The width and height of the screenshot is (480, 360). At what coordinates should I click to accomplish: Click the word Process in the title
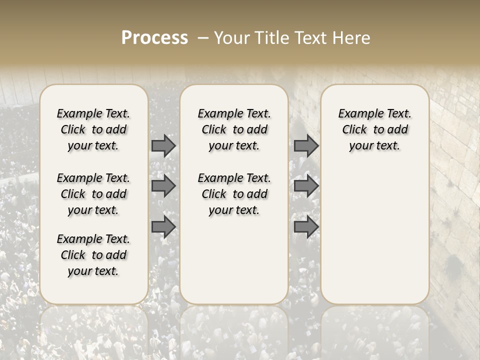click(x=154, y=37)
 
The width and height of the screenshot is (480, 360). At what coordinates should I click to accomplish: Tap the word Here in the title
click(x=351, y=38)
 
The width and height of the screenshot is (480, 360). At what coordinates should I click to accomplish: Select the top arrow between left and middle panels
click(x=163, y=145)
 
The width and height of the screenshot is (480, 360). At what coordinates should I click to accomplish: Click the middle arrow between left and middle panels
click(x=163, y=186)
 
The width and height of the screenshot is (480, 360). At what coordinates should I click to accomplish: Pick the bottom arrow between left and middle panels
click(x=163, y=227)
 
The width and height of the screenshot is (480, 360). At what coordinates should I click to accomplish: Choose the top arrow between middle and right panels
click(x=306, y=145)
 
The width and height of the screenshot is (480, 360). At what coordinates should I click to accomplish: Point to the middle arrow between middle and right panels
click(x=306, y=186)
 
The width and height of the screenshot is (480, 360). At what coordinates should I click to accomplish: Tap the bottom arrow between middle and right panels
click(x=306, y=227)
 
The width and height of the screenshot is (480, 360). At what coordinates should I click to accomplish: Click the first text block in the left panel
click(x=93, y=129)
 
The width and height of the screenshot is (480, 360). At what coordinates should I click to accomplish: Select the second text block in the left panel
click(x=93, y=194)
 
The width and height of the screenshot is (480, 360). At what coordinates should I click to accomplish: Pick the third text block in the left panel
click(x=93, y=255)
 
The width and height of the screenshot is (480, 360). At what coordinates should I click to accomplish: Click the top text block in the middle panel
click(x=234, y=129)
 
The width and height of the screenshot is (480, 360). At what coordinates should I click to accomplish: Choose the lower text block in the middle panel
click(x=234, y=194)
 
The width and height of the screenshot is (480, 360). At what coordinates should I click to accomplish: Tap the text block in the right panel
click(x=374, y=129)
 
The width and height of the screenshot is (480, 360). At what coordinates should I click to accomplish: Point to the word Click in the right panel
click(x=354, y=130)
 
